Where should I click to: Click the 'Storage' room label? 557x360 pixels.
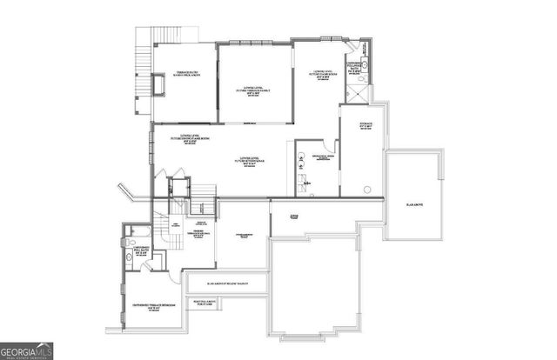click(366, 126)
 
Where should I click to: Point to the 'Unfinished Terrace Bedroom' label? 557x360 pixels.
click(156, 307)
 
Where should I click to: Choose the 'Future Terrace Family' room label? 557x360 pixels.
click(254, 90)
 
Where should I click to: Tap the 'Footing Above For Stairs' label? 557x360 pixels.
click(207, 302)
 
